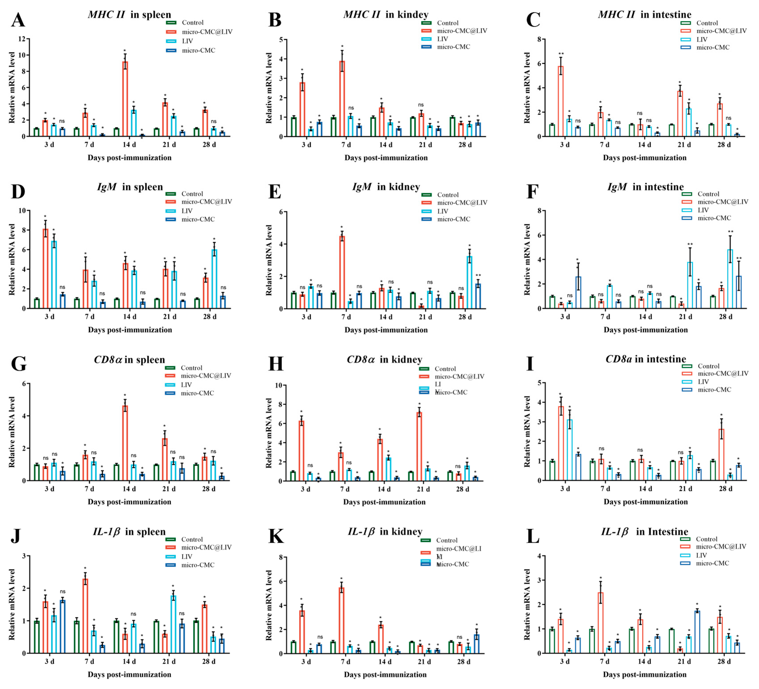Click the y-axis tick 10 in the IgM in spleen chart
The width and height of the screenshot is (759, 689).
22,210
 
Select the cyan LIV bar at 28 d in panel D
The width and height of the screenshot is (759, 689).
214,279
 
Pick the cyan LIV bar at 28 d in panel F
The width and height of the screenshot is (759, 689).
730,279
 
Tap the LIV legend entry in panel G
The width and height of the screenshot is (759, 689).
186,385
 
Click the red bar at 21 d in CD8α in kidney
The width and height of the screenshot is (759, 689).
419,446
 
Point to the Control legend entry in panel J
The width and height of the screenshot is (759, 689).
192,540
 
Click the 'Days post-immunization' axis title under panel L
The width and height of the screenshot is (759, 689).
645,674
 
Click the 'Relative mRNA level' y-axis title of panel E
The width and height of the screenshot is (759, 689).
269,260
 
